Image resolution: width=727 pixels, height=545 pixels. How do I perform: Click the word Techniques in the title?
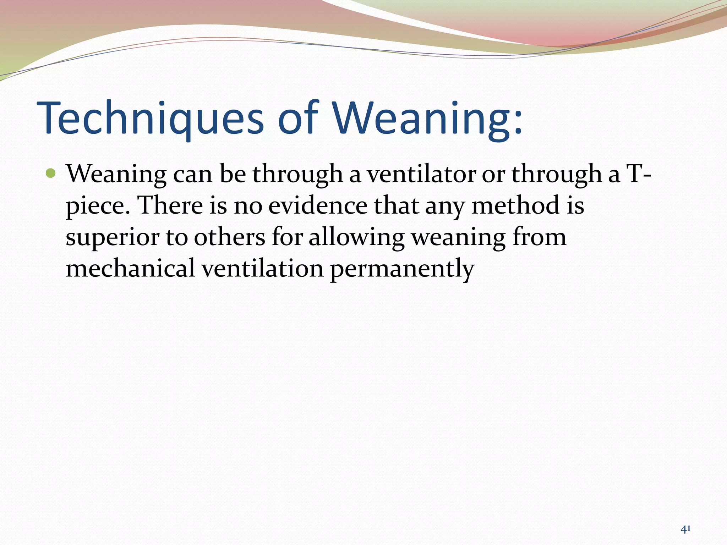151,118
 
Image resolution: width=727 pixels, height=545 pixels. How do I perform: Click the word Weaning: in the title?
427,118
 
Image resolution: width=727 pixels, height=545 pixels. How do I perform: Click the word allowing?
356,237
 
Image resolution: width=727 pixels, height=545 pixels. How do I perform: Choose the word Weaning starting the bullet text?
116,174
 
